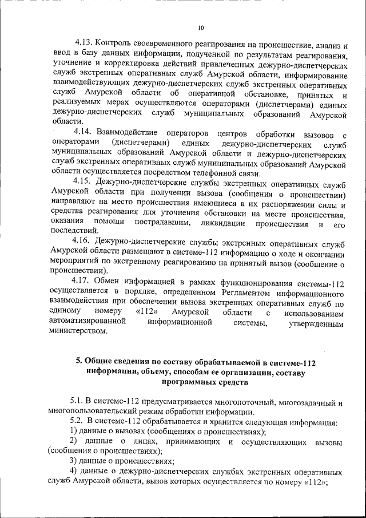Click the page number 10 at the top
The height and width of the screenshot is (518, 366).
(200, 27)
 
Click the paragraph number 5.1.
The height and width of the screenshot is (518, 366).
(78, 402)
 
